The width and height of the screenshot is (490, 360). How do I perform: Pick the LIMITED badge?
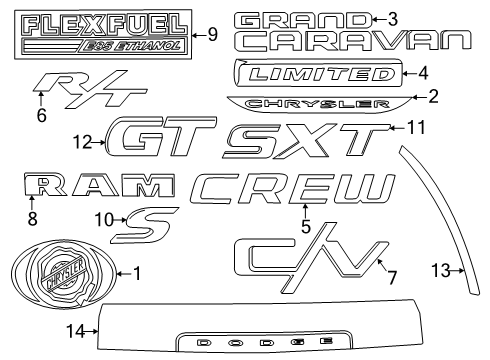point(317,73)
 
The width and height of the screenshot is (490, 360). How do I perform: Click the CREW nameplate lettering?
point(295,189)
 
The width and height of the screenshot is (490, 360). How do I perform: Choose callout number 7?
point(392,277)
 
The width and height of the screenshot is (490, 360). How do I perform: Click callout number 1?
point(138,272)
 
